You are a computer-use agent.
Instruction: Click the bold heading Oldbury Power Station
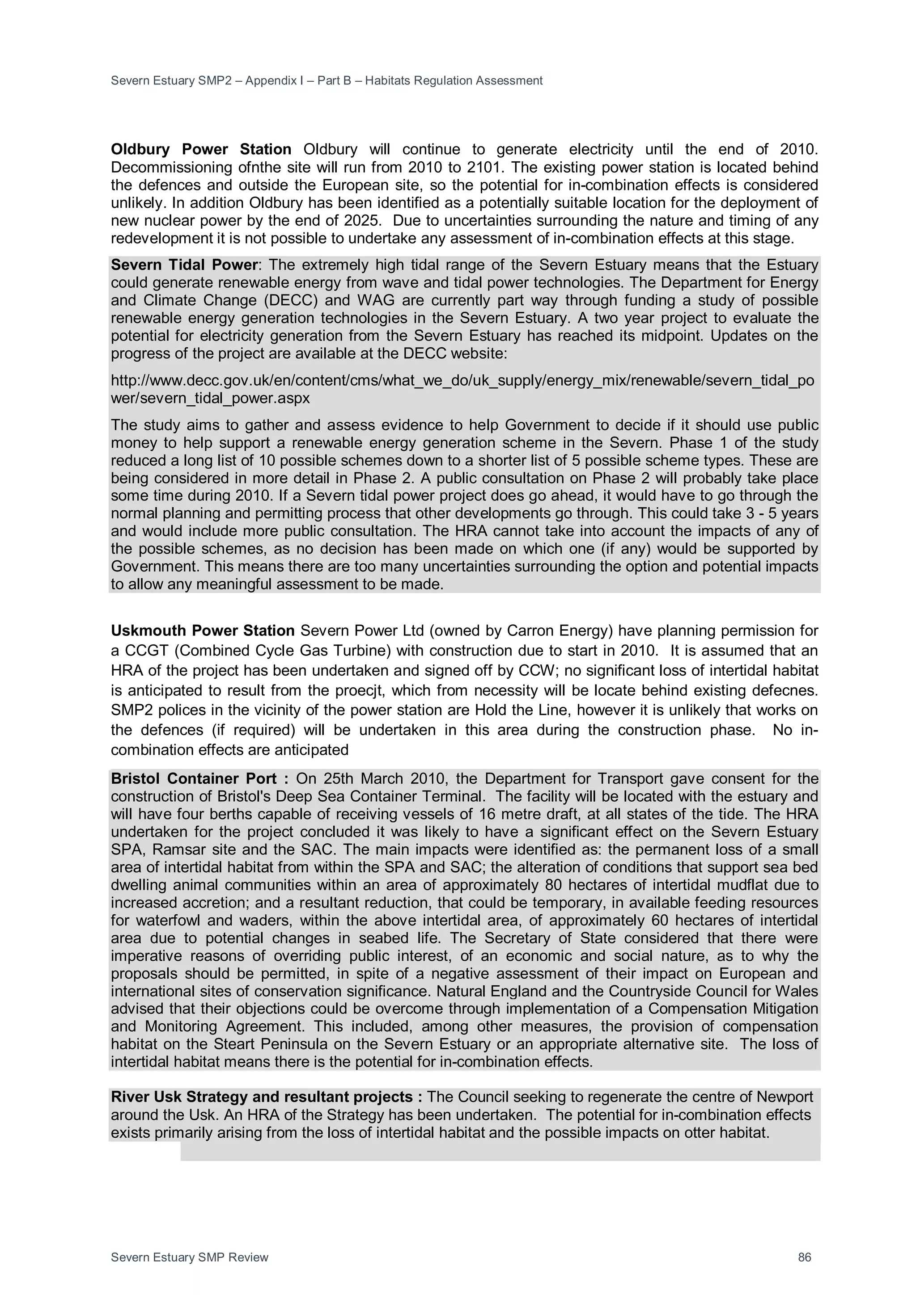point(201,149)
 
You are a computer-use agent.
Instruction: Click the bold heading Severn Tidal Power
point(184,265)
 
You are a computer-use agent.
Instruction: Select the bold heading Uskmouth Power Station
point(203,631)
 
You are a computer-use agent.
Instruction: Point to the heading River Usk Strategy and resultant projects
point(267,1097)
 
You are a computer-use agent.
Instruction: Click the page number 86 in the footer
point(804,1257)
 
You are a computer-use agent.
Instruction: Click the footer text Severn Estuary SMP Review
point(190,1257)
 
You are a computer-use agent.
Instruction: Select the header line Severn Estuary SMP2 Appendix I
point(326,80)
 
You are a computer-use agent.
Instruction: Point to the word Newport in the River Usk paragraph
point(785,1097)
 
